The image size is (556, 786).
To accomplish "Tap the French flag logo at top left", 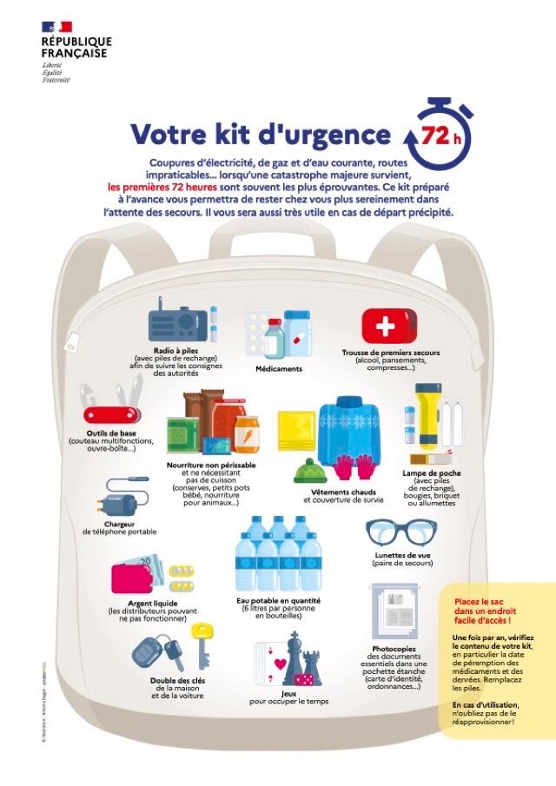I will coord(56,27).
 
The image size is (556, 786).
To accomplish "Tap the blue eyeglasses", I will coord(401,531).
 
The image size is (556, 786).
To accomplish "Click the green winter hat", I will coord(308,472).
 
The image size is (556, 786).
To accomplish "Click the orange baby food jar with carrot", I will coord(247,433).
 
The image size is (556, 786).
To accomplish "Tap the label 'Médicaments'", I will coord(279,368).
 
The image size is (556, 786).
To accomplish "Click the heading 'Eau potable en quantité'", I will coord(278,600).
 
